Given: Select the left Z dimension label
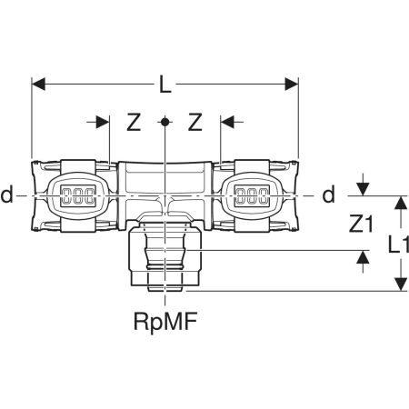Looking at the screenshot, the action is (x=134, y=122).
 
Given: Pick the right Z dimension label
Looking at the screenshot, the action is (x=195, y=122).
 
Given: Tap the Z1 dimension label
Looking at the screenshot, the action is (x=361, y=224).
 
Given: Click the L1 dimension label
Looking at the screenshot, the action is (x=399, y=244).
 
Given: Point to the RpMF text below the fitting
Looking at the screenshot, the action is (x=165, y=322).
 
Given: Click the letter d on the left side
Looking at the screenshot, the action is (x=7, y=195).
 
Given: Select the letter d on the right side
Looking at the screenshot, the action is (x=329, y=195).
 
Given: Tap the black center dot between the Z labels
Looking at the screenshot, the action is (x=165, y=122).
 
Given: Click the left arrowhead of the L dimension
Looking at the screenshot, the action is (x=38, y=84).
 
